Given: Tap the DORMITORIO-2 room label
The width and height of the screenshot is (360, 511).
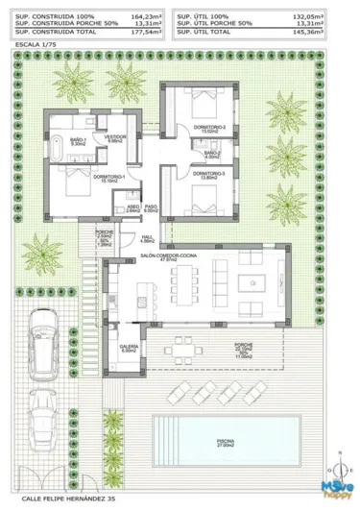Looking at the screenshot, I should pos(208,128).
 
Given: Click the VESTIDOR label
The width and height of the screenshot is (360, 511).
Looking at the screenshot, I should pos(116,137).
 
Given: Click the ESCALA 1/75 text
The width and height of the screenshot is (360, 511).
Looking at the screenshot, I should pos(36,45).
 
